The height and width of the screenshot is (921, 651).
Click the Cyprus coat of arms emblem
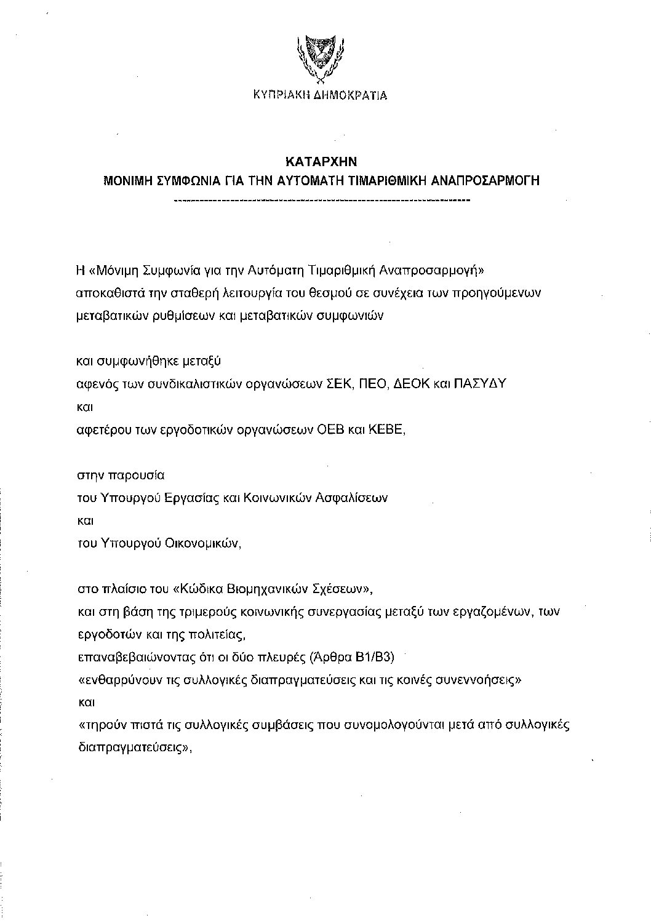[320, 58]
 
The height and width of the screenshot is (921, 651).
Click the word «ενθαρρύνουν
[114, 679]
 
